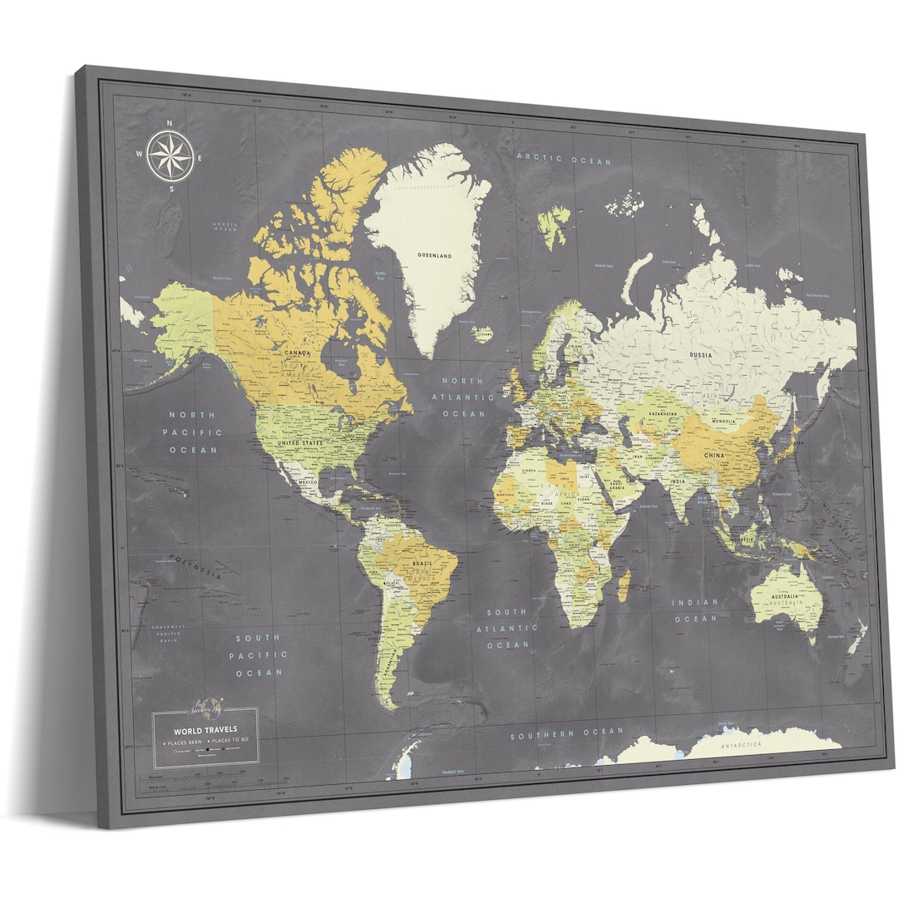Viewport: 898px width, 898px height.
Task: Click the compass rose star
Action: coord(170,155)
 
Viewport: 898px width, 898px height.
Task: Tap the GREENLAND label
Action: coord(435,256)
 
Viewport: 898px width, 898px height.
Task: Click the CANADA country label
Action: coord(297,353)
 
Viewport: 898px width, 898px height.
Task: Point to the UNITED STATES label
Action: coord(299,444)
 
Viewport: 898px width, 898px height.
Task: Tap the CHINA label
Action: coord(713,456)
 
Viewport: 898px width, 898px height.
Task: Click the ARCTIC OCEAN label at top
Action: coord(564,160)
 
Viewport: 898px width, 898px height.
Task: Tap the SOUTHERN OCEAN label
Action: coord(566,733)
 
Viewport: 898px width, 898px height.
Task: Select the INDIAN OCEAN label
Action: coord(695,611)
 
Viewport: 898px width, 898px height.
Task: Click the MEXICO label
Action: coord(308,482)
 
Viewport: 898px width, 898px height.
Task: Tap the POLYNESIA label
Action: coord(195,567)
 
